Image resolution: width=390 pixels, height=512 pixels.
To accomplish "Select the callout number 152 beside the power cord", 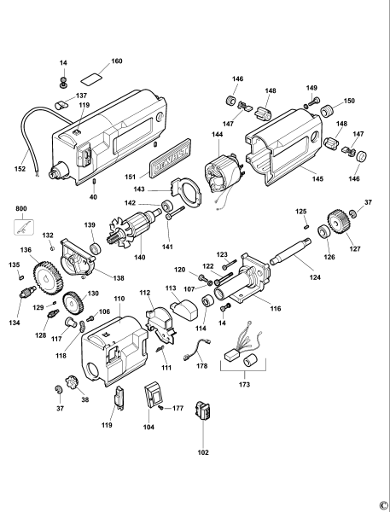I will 20,169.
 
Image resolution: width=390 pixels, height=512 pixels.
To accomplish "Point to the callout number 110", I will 119,299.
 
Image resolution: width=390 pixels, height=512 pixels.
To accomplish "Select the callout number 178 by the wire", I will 201,366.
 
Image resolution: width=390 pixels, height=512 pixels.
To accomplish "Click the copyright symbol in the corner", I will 383,504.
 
